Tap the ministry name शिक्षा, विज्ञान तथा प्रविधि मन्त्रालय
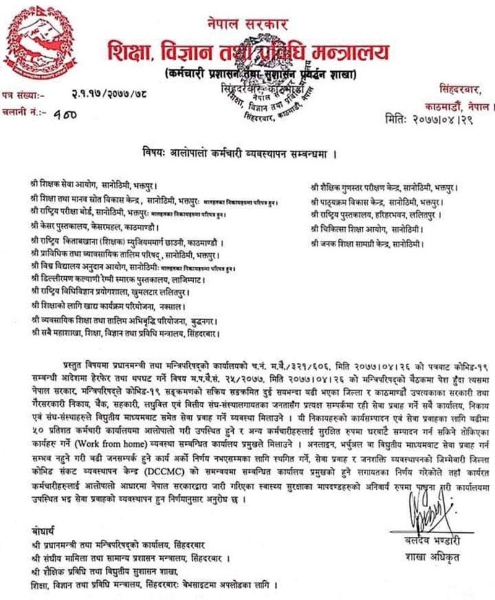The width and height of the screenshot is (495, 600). pyautogui.click(x=247, y=51)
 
